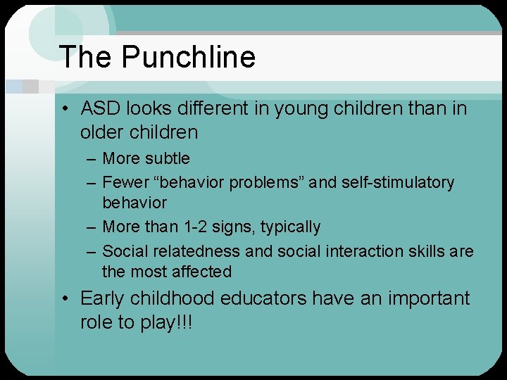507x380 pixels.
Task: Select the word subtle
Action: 167,159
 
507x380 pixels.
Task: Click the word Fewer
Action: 123,182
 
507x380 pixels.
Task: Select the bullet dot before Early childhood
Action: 64,299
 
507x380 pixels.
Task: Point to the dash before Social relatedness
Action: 90,252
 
